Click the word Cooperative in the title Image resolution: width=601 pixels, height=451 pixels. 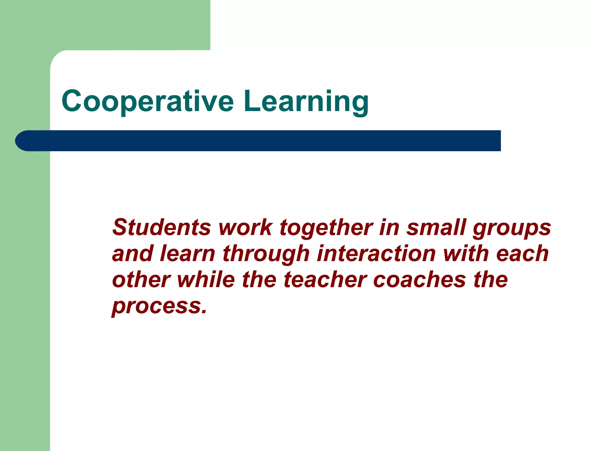(148, 101)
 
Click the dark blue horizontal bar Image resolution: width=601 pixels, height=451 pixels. (264, 141)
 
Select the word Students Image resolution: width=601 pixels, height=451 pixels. (161, 227)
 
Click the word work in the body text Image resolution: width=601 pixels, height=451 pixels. (245, 227)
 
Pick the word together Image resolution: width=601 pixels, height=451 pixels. (326, 228)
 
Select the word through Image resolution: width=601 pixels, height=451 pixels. (266, 254)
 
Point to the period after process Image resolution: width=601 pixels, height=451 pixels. (204, 312)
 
